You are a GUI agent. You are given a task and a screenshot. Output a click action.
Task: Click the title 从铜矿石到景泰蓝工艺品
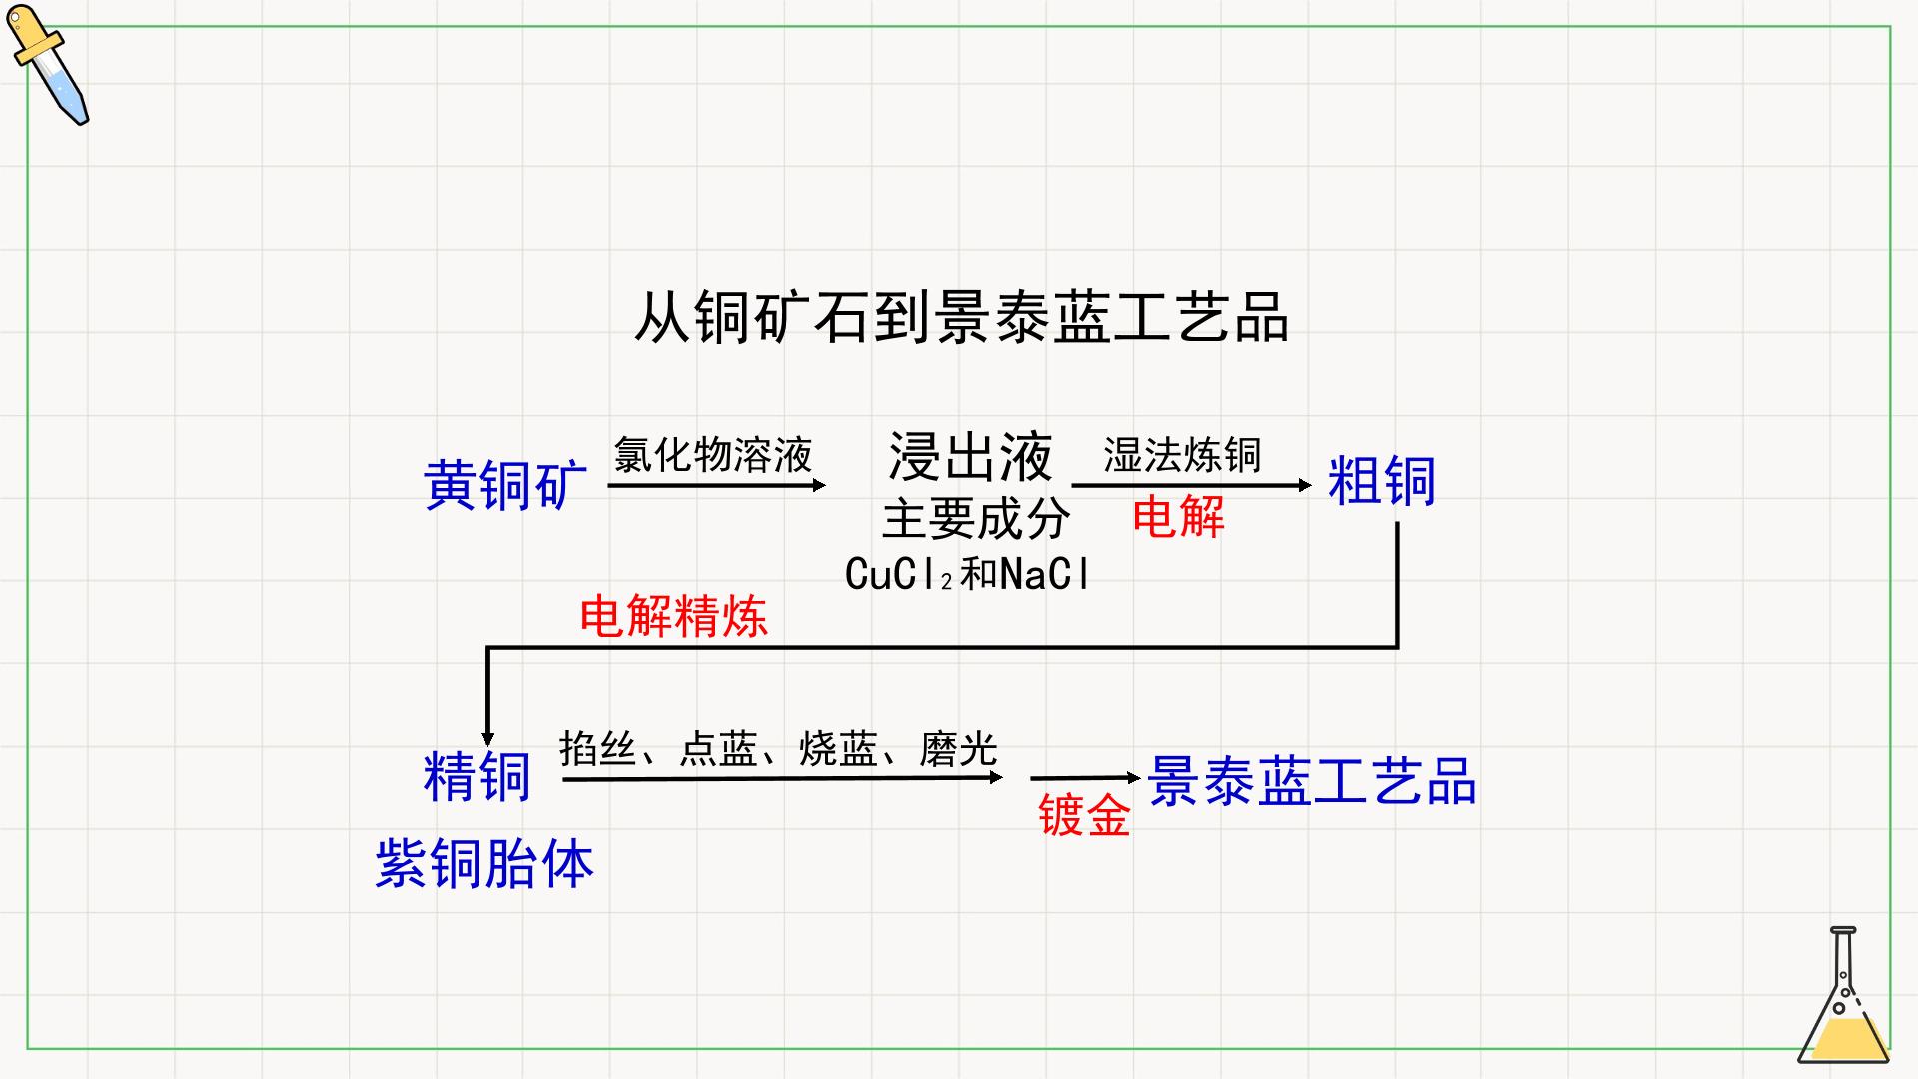click(x=961, y=318)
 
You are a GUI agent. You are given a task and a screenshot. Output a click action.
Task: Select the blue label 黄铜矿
click(x=505, y=485)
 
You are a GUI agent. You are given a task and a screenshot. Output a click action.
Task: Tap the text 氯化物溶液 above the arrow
click(x=713, y=455)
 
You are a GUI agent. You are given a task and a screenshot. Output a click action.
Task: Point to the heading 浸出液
click(x=970, y=457)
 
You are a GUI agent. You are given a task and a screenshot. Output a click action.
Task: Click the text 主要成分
click(x=976, y=519)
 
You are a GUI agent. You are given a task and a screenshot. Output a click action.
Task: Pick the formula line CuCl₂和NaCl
click(x=966, y=574)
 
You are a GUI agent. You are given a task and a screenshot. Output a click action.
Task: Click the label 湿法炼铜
click(x=1182, y=455)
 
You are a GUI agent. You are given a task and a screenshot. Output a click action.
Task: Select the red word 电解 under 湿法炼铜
click(x=1178, y=517)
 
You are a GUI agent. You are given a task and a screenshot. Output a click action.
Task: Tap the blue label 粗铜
click(x=1382, y=481)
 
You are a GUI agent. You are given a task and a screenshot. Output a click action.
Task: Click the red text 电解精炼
click(x=674, y=615)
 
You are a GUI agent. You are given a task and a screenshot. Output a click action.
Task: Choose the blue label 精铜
click(x=478, y=776)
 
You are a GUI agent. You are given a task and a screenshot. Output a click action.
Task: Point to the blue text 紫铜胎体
click(x=484, y=863)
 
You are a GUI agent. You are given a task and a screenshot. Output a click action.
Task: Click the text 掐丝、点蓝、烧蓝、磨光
click(x=778, y=748)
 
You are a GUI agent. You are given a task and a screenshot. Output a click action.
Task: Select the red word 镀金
click(x=1084, y=814)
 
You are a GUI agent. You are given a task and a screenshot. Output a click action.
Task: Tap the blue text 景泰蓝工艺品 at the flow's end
click(x=1312, y=780)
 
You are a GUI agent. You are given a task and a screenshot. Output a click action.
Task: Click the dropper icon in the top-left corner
click(x=48, y=65)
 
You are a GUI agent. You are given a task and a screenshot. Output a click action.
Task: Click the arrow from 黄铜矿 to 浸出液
click(x=717, y=485)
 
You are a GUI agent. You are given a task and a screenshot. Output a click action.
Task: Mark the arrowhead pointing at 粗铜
click(x=1305, y=485)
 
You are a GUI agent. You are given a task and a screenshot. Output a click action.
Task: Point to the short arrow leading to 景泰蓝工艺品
click(x=1085, y=777)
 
